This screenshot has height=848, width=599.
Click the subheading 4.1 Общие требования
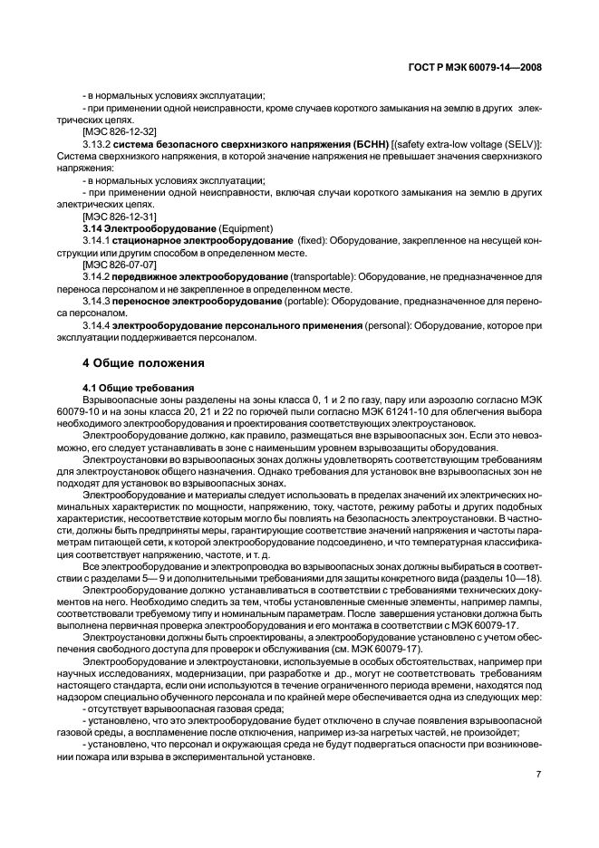[132, 387]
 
